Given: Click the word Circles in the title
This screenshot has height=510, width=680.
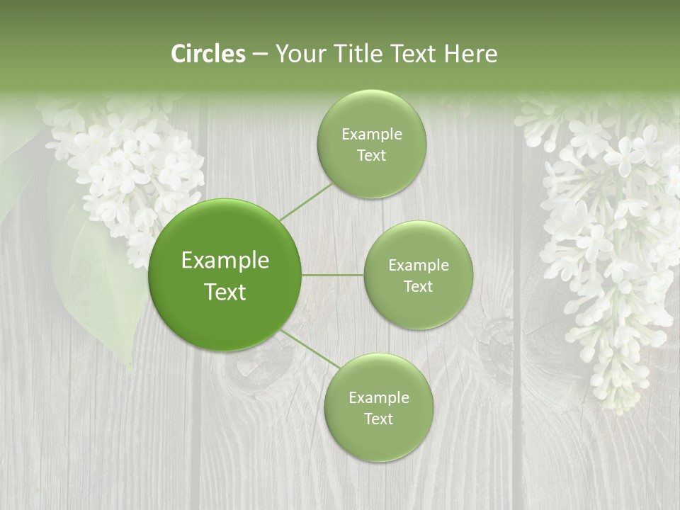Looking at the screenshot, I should click(208, 54).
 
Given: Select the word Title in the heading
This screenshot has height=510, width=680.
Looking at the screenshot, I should click(368, 54).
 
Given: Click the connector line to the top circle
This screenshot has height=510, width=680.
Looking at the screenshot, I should click(306, 201).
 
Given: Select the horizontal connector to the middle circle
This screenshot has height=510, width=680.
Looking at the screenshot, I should click(332, 275).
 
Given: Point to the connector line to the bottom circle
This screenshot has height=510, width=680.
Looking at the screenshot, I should click(310, 349).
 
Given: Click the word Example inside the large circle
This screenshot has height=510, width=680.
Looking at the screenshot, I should click(225, 261).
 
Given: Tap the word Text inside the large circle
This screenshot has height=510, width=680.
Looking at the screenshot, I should click(225, 292).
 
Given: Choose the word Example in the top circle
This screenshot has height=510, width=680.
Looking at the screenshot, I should click(371, 135).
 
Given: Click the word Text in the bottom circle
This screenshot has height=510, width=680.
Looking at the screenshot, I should click(378, 419).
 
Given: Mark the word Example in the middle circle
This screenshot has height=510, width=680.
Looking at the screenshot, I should click(418, 266).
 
